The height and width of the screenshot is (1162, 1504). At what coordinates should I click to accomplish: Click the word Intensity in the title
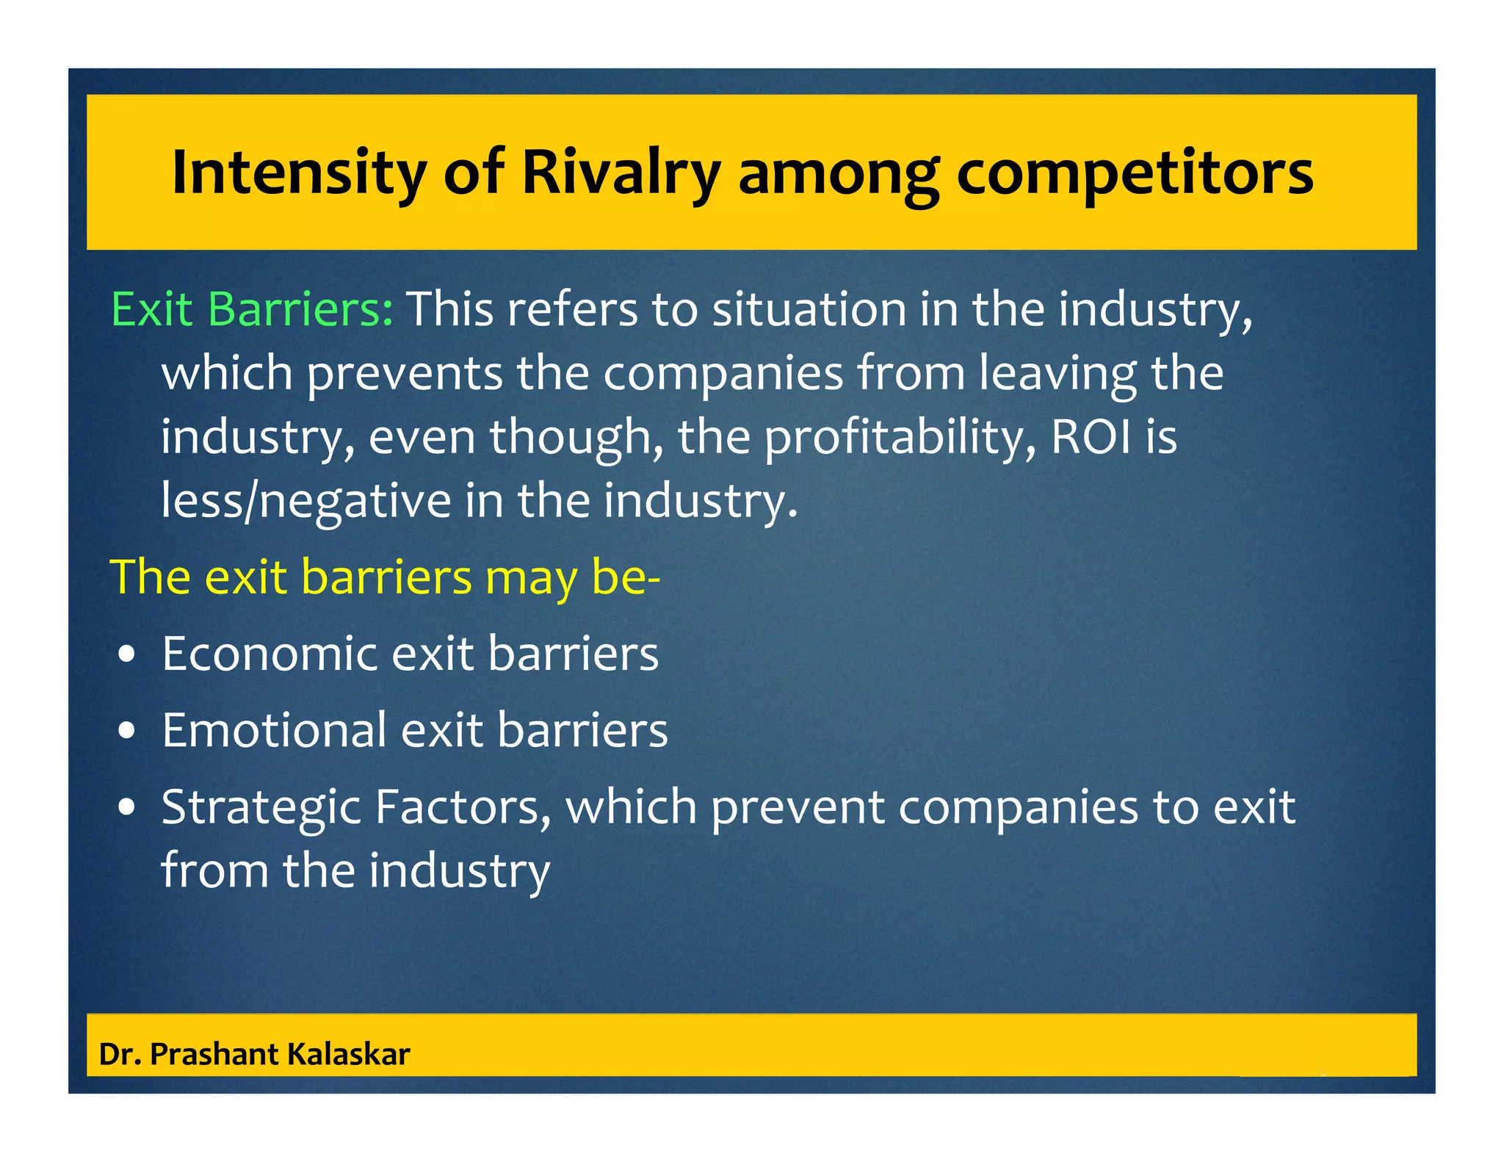point(298,173)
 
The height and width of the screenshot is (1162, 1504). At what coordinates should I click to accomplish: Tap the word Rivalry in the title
point(621,173)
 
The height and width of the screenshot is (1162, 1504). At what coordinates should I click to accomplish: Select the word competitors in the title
point(1135,173)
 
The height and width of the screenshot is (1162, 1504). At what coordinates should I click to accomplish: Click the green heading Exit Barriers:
point(252,309)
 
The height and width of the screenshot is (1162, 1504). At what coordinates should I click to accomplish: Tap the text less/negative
point(306,501)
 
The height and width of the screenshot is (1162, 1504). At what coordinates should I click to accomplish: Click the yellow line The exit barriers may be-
point(385,577)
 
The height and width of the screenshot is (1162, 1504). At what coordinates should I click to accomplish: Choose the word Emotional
point(274,730)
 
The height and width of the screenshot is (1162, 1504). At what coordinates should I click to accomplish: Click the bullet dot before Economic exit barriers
point(127,654)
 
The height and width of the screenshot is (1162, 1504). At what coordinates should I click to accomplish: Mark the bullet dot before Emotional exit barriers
point(127,732)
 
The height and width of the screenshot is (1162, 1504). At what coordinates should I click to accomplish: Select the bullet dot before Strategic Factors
point(127,808)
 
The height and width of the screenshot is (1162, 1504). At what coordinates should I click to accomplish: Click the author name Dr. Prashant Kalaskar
point(254,1054)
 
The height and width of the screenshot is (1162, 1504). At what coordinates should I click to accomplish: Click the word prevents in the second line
point(405,373)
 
